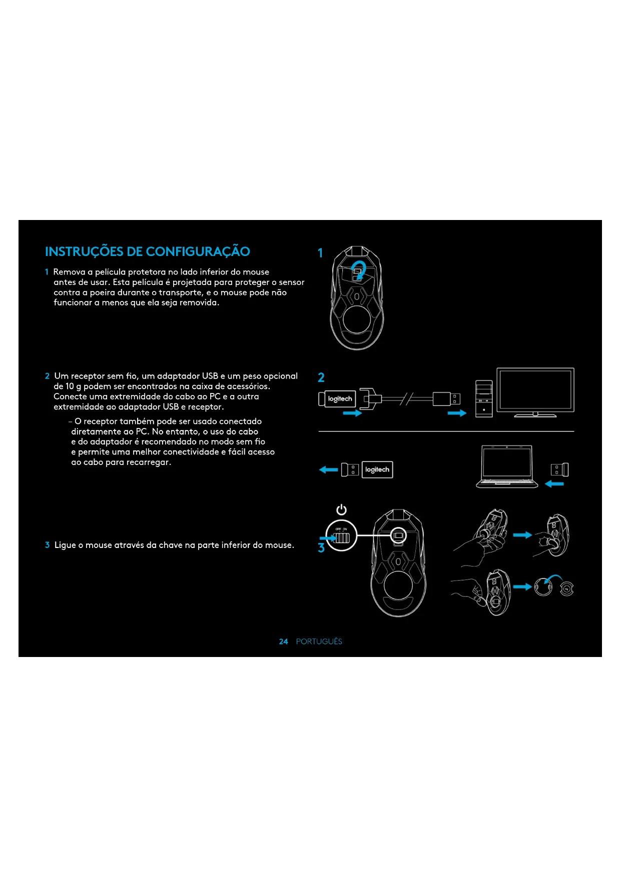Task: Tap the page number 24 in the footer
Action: click(x=283, y=641)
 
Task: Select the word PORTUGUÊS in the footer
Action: click(x=319, y=641)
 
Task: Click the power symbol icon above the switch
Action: click(x=341, y=509)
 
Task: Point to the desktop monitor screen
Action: click(x=535, y=389)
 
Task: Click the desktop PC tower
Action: click(x=484, y=398)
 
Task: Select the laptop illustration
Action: click(x=506, y=466)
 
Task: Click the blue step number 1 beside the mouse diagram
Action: click(x=320, y=253)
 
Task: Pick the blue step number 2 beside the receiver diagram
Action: click(x=321, y=377)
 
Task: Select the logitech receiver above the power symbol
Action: click(x=377, y=469)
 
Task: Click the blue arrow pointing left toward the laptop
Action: click(x=554, y=483)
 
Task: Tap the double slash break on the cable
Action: click(x=407, y=398)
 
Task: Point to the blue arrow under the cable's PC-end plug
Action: click(x=456, y=413)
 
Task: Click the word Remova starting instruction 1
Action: click(x=69, y=272)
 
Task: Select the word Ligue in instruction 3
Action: click(x=65, y=545)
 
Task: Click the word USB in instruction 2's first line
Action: click(x=210, y=376)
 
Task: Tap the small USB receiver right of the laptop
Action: click(x=559, y=469)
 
